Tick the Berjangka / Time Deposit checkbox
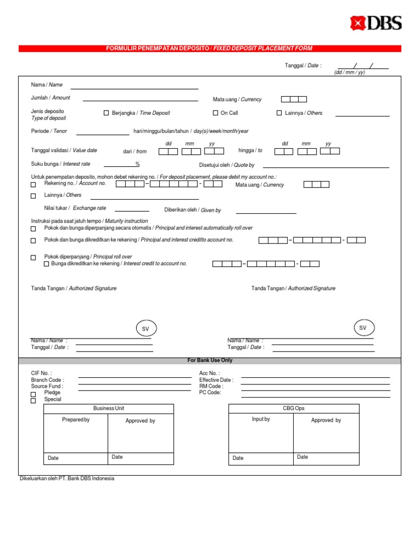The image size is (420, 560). [x=107, y=113]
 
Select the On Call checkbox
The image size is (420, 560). [x=215, y=113]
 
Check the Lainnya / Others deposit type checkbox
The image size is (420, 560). [x=279, y=113]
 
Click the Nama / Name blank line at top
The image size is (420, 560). [x=135, y=87]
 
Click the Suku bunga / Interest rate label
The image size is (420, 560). [x=61, y=164]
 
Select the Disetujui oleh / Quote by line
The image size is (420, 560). [x=326, y=166]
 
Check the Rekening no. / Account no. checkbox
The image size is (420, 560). [x=33, y=185]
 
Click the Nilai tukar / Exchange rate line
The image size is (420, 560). [x=132, y=211]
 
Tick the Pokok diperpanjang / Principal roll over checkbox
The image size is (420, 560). [x=33, y=258]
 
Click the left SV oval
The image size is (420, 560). [x=145, y=329]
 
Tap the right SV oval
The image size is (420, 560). [x=363, y=328]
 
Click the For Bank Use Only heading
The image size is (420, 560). [x=210, y=361]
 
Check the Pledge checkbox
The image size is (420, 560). [x=33, y=394]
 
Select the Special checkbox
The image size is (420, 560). [x=33, y=400]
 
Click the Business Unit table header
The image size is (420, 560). [x=108, y=409]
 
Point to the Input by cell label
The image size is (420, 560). [x=261, y=419]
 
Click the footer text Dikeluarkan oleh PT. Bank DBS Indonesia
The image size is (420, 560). [x=67, y=479]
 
